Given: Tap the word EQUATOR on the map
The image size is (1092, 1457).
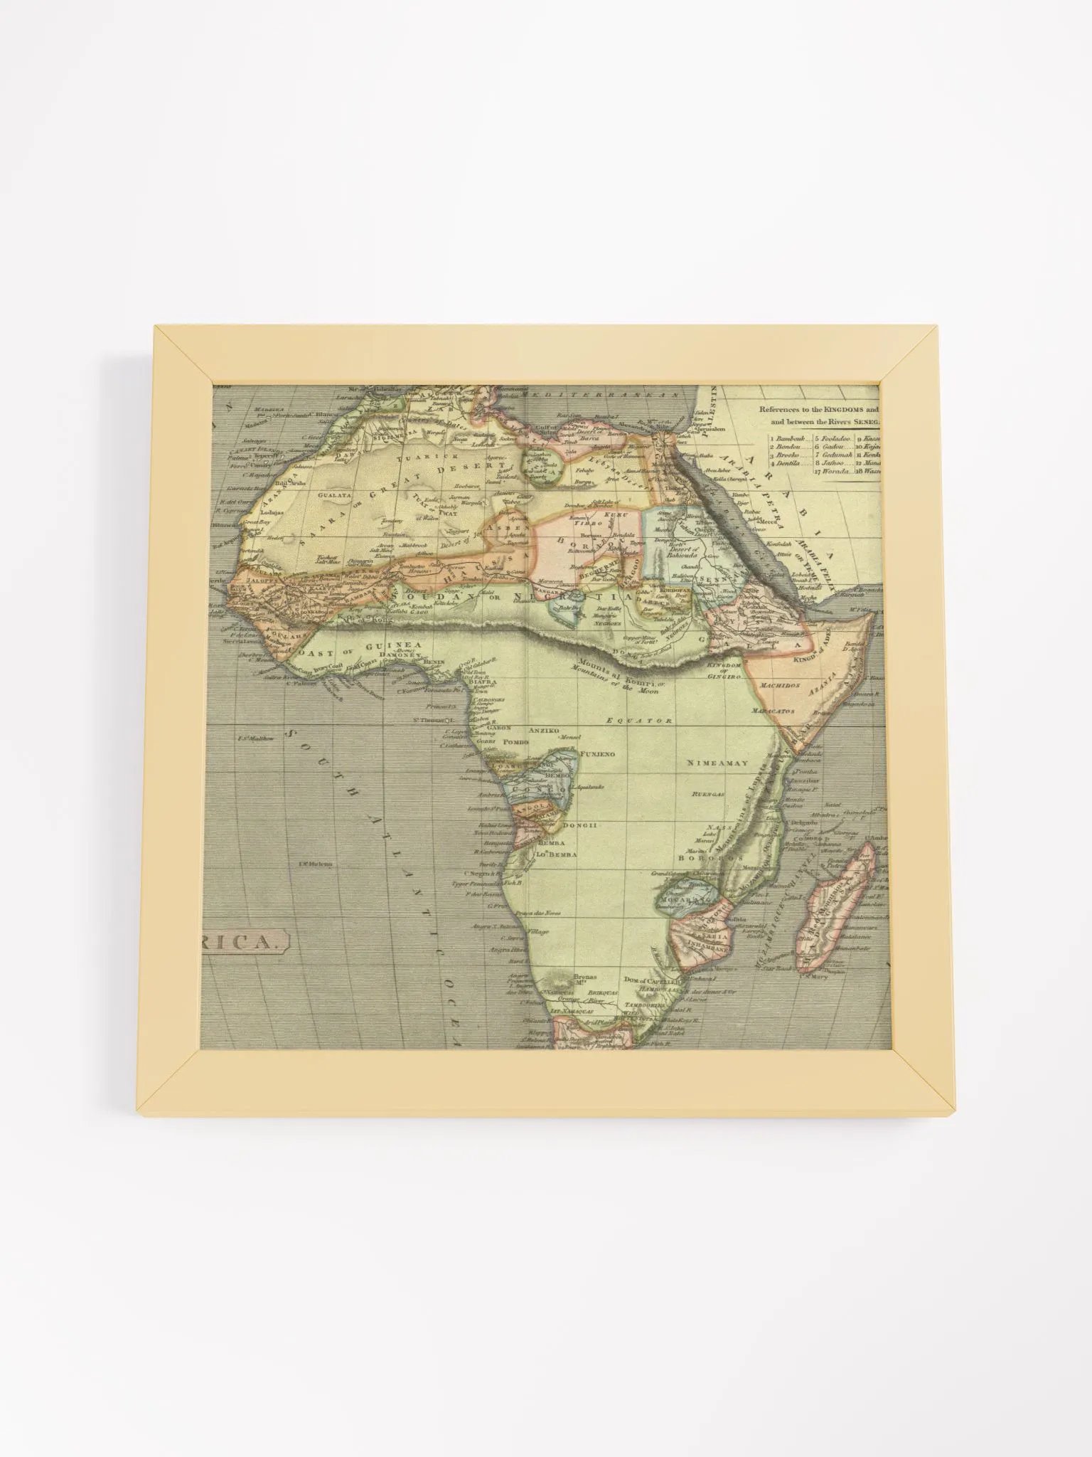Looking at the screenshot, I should pyautogui.click(x=639, y=721).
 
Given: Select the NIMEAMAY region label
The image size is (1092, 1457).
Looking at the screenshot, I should pyautogui.click(x=717, y=763).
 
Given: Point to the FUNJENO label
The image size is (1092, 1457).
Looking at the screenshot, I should pyautogui.click(x=597, y=753).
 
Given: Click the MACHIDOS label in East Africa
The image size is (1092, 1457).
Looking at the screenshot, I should pyautogui.click(x=780, y=685).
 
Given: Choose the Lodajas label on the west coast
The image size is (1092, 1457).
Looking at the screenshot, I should pyautogui.click(x=272, y=512).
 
